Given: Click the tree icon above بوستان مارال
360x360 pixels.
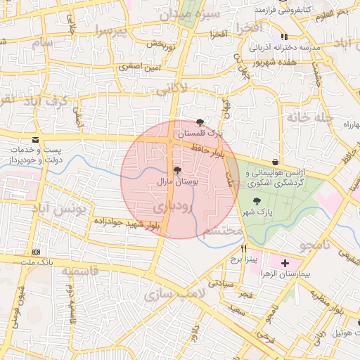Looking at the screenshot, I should tap(176, 170).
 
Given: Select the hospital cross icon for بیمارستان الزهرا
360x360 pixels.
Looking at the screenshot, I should tap(284, 264).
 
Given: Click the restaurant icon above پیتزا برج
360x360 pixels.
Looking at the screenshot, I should tap(244, 248).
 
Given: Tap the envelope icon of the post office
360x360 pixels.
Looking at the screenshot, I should tap(35, 139).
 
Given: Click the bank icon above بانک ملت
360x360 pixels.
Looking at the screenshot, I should tap(36, 252).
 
